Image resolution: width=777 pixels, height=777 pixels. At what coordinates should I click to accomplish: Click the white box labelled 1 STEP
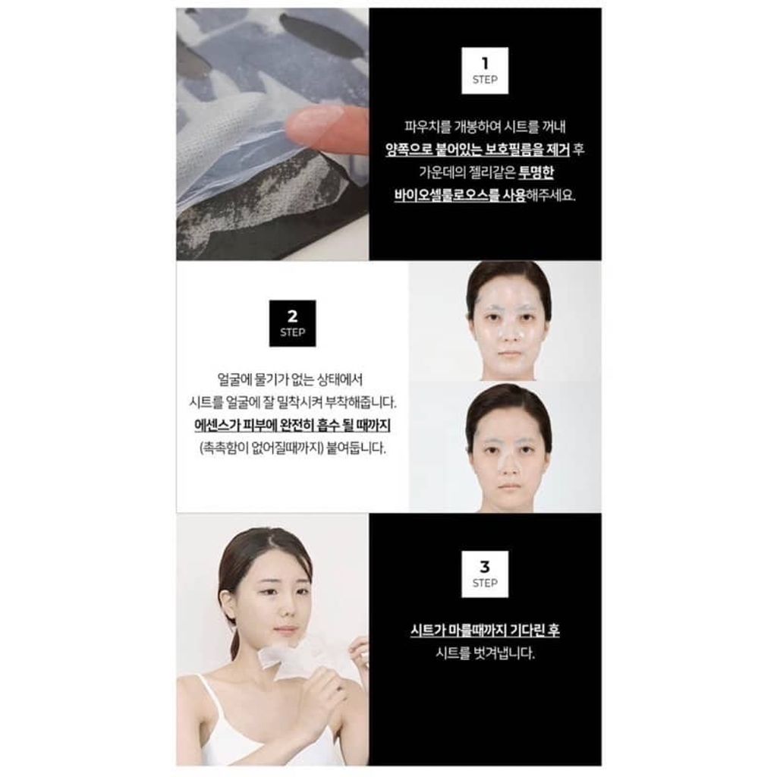(485, 71)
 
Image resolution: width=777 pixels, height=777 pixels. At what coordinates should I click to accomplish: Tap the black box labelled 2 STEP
(292, 323)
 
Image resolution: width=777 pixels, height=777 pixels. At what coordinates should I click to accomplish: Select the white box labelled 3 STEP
(485, 574)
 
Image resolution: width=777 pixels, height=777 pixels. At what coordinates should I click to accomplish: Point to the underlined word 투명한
(536, 172)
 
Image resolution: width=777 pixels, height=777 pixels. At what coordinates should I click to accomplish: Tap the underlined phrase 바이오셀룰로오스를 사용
(459, 195)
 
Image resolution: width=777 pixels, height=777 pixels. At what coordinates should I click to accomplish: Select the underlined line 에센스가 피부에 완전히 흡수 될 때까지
(292, 426)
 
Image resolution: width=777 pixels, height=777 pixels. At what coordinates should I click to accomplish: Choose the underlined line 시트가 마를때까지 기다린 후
(485, 631)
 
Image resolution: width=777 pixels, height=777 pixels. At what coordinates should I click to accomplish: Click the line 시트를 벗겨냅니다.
(485, 653)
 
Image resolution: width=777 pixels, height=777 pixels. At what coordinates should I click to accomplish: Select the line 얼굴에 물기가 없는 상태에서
(291, 379)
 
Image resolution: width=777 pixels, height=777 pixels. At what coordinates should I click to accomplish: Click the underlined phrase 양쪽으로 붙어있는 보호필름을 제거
(477, 149)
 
